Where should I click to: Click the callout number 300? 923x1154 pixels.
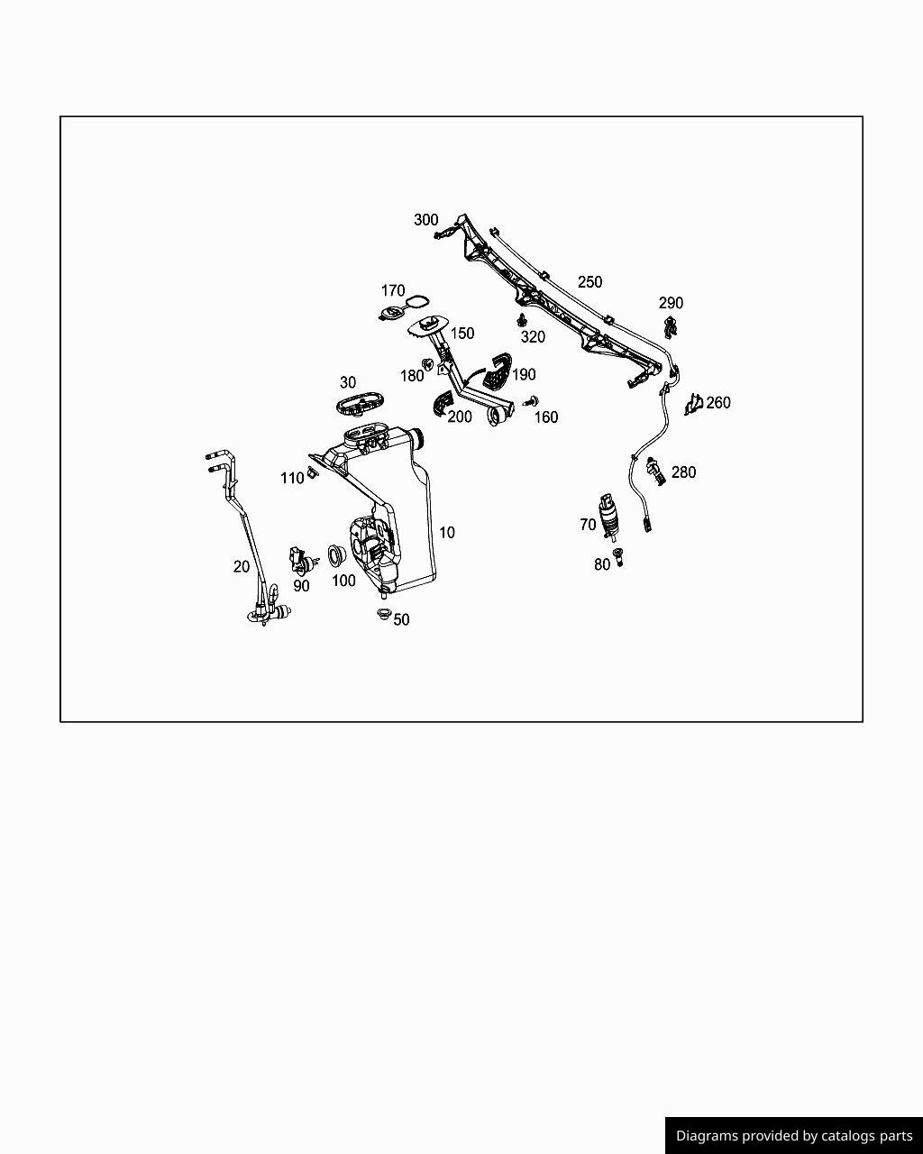pyautogui.click(x=425, y=220)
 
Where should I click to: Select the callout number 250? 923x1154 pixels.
pyautogui.click(x=589, y=282)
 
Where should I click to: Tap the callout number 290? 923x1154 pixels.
pyautogui.click(x=671, y=303)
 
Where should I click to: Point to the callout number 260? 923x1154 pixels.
pyautogui.click(x=718, y=403)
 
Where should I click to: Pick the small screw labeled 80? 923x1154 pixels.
pyautogui.click(x=618, y=556)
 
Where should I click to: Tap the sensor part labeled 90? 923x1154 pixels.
pyautogui.click(x=300, y=561)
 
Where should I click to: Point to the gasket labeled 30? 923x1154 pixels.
pyautogui.click(x=359, y=403)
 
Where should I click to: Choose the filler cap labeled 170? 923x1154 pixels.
pyautogui.click(x=392, y=313)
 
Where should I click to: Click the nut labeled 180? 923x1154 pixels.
pyautogui.click(x=429, y=366)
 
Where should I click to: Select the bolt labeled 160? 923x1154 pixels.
pyautogui.click(x=532, y=401)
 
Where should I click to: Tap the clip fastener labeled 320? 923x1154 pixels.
pyautogui.click(x=522, y=320)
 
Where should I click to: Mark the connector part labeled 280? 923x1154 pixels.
pyautogui.click(x=656, y=470)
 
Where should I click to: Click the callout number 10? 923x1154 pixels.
pyautogui.click(x=447, y=533)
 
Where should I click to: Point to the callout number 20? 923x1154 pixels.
pyautogui.click(x=242, y=567)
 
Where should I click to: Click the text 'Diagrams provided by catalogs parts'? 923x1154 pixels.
pyautogui.click(x=794, y=1136)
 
